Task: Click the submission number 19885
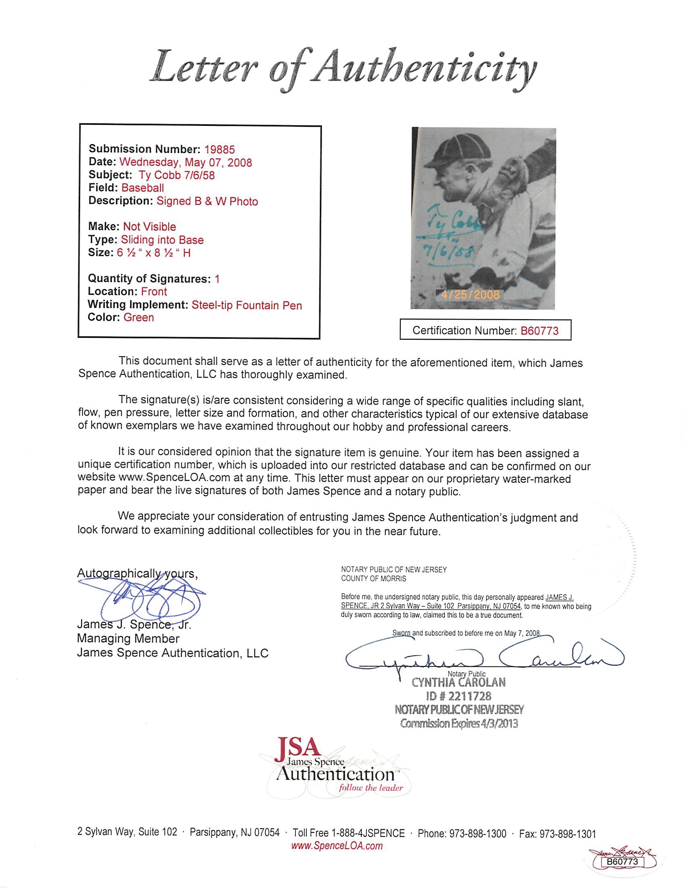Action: point(219,150)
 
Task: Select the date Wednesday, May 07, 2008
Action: point(186,163)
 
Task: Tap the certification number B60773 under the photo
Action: point(539,330)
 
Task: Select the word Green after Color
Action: point(139,318)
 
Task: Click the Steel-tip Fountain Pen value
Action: point(247,305)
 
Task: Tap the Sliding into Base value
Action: point(162,240)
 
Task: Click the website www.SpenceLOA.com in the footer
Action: point(337,846)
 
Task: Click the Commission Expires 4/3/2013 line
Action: point(459,723)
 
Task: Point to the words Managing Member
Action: point(128,639)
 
